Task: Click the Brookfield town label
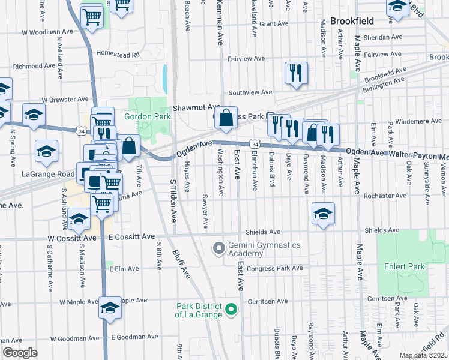tap(352, 21)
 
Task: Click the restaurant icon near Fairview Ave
tap(296, 73)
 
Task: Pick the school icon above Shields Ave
tap(323, 214)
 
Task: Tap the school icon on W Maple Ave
tap(110, 308)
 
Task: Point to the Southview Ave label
tap(250, 93)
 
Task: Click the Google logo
tap(20, 352)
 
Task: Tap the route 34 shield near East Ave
tap(255, 145)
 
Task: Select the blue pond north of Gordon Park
tap(164, 75)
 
